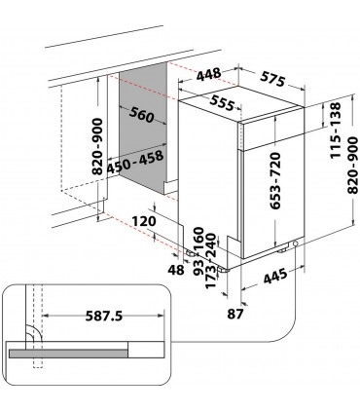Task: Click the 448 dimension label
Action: point(209,75)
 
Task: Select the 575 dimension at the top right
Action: point(272,79)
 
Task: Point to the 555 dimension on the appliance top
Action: point(222,103)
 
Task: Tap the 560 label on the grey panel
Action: point(141,115)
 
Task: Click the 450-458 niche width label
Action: point(135,162)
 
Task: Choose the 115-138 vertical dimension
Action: point(336,131)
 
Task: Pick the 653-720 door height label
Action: point(275,180)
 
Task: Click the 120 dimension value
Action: point(144,221)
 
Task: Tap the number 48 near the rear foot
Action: point(176,270)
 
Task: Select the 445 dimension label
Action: point(275,276)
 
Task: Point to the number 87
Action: point(235,314)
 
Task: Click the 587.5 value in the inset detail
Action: point(104,316)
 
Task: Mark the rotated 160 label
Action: point(198,240)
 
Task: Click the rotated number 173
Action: point(210,276)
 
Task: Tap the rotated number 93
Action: point(198,268)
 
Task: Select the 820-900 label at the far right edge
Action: point(352,166)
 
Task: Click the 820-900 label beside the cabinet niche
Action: point(97,147)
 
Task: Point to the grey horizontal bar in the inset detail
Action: point(69,354)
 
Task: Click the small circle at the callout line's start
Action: point(296,243)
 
